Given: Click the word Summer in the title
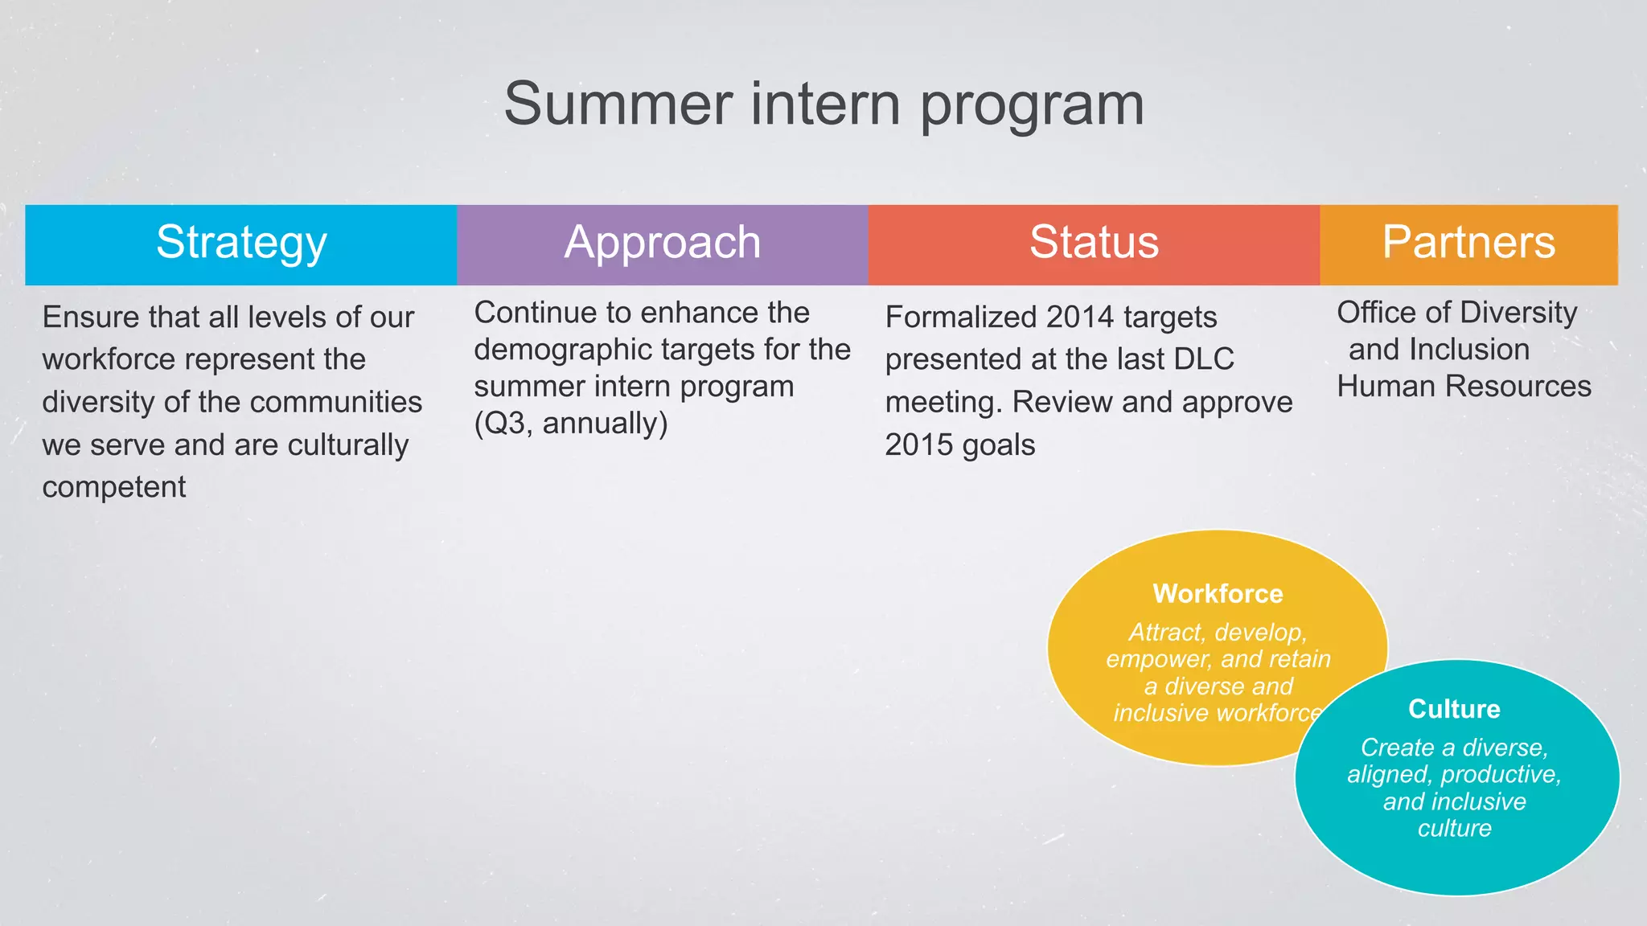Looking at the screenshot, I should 618,104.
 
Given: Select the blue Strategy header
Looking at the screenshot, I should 241,244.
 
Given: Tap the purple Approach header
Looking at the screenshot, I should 662,244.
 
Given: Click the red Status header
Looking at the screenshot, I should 1094,244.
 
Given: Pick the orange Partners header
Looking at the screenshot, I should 1468,244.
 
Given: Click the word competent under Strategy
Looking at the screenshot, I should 114,487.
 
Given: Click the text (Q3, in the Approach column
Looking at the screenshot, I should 504,424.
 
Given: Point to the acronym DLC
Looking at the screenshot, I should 1203,359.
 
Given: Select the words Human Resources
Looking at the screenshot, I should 1464,387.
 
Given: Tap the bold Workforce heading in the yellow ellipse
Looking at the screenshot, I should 1218,594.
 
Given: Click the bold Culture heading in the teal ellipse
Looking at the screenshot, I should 1454,709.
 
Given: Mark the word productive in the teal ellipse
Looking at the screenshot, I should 1500,775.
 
